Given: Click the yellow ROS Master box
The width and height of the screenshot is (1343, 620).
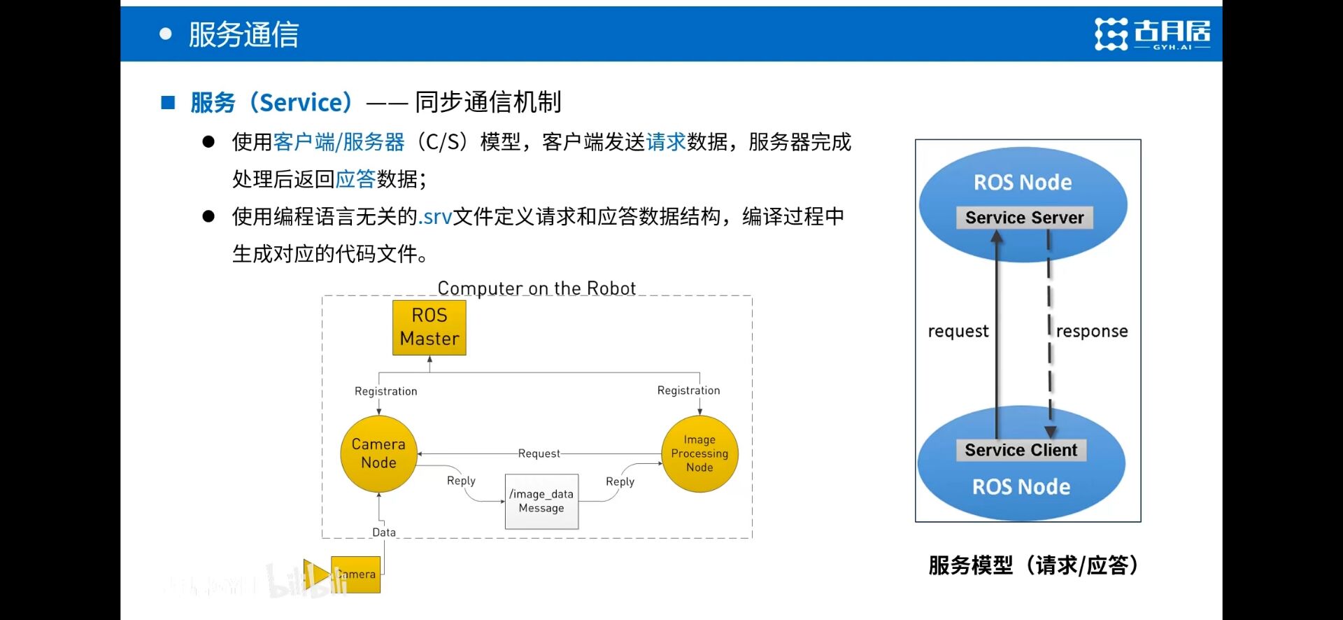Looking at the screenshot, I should click(429, 327).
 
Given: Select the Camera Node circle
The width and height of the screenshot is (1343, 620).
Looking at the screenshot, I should click(378, 453).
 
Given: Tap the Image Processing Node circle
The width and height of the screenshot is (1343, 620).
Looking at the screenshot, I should click(699, 453).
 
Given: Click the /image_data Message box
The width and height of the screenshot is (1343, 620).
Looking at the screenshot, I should click(541, 501).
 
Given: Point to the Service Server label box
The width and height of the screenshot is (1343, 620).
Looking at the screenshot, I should click(1024, 218).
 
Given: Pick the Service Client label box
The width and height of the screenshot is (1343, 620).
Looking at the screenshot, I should click(1021, 450).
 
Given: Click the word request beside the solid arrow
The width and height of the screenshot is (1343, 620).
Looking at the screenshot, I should click(958, 331).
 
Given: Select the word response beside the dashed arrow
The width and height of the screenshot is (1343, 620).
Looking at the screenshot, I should click(1091, 331).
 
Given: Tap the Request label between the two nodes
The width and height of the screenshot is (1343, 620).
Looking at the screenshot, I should click(539, 453).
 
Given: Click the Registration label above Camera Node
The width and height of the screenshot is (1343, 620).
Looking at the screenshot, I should click(385, 391).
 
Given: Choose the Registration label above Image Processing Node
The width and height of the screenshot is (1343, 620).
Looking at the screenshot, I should click(688, 390).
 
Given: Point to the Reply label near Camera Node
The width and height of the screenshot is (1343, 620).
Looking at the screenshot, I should click(461, 481).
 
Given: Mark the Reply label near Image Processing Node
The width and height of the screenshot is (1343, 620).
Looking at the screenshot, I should click(620, 481).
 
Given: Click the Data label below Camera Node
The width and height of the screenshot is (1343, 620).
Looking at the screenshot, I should click(383, 533).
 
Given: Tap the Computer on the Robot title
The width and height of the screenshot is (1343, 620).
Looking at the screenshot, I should click(537, 288).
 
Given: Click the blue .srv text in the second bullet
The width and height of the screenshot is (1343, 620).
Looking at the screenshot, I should click(435, 217).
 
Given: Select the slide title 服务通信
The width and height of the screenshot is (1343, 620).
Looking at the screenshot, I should click(243, 34).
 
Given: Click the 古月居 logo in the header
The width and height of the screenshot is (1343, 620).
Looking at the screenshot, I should click(1152, 34).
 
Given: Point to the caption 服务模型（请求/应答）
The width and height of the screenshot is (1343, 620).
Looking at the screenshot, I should click(1034, 565).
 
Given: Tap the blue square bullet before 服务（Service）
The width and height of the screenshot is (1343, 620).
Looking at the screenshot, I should click(168, 103).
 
